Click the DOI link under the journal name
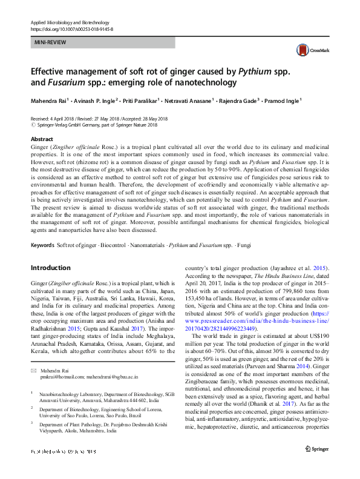pos(71,29)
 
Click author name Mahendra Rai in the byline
pos(51,100)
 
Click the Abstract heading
pos(41,139)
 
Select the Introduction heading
pos(50,268)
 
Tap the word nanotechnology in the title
pos(200,82)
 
